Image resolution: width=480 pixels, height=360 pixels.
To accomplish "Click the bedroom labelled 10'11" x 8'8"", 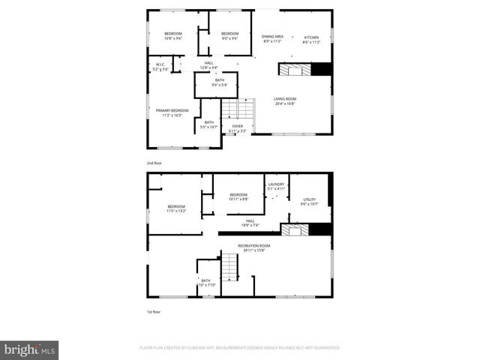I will click(x=238, y=197).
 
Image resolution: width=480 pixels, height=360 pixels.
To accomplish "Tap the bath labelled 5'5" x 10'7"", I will click(x=208, y=124).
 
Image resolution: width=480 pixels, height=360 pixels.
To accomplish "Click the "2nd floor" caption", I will click(x=154, y=163).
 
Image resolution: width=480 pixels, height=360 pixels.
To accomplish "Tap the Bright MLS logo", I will click(x=30, y=349).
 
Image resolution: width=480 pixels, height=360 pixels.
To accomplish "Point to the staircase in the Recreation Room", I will click(x=229, y=266).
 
